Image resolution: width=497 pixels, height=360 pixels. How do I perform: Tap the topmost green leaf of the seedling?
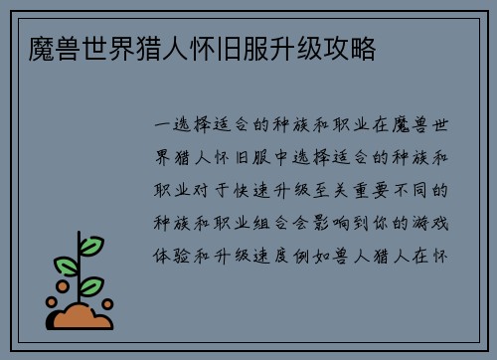click(x=91, y=245)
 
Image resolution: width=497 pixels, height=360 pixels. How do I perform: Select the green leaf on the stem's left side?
click(x=67, y=266)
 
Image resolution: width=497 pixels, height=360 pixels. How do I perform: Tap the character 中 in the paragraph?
click(x=275, y=157)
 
